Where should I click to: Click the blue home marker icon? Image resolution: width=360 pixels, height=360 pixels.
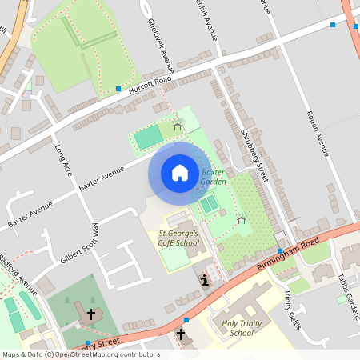coord(180,173)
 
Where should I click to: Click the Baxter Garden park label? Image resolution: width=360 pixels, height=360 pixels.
coord(214,177)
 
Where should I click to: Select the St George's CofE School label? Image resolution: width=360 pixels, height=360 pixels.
coord(177,238)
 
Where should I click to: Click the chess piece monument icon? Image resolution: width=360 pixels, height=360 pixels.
coord(206,281)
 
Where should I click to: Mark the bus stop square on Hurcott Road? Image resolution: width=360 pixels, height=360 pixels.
coord(118,88)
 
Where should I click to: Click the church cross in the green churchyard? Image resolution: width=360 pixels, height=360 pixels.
coord(91,314)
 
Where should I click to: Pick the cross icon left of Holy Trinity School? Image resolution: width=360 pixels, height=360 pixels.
coord(181,333)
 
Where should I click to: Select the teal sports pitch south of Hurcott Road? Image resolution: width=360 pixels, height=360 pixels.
coord(148,138)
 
